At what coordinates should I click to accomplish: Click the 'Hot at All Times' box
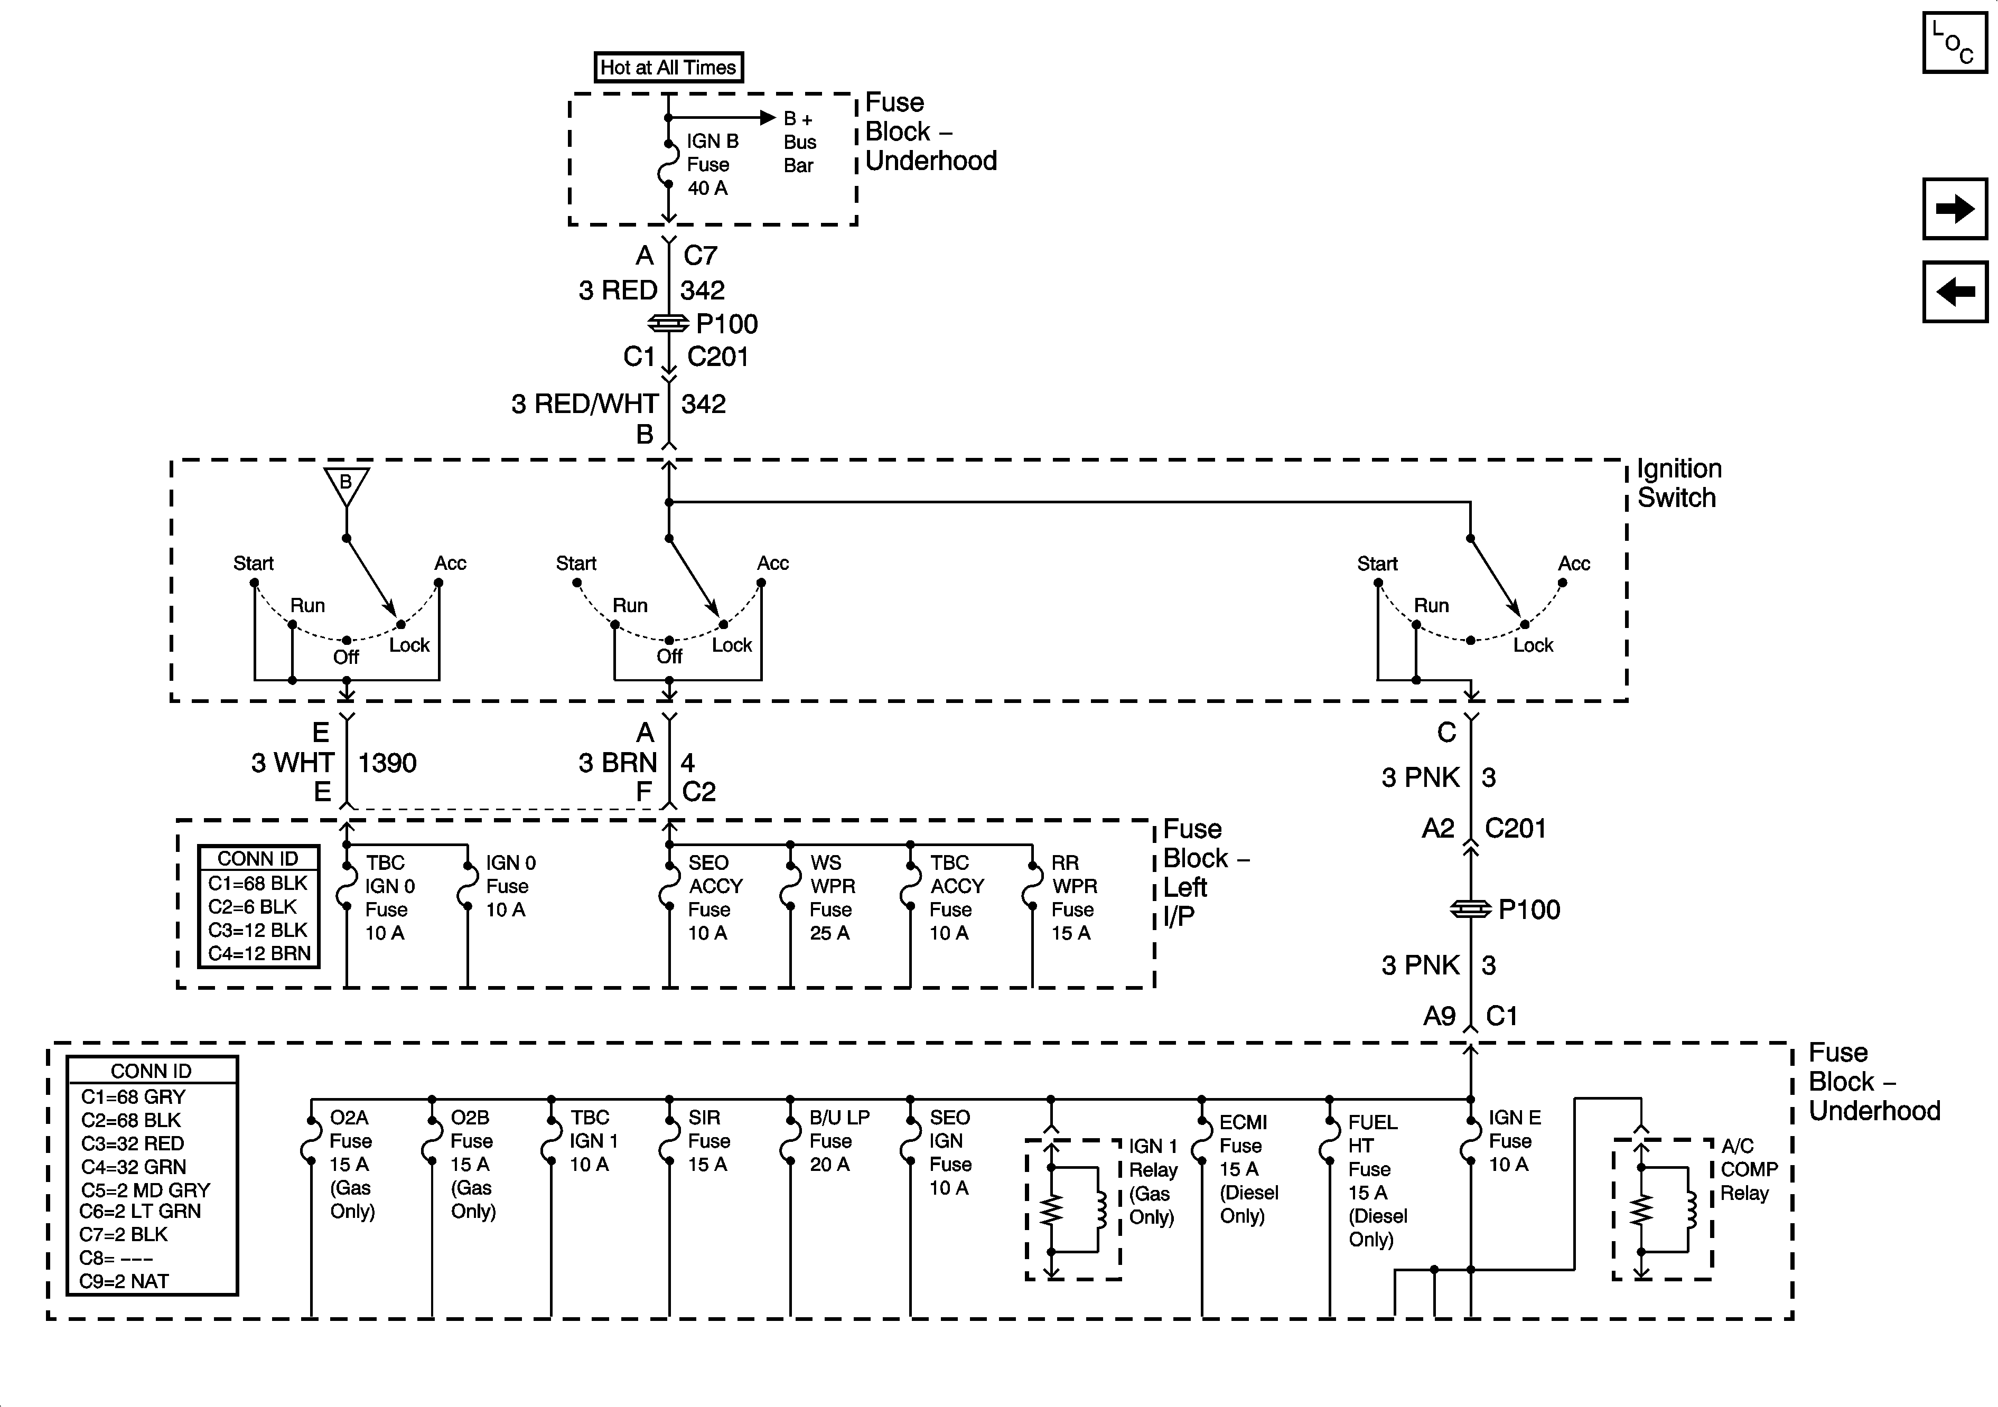tap(668, 67)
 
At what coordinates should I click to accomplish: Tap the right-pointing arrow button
tap(1955, 209)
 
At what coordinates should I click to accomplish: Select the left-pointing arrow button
tap(1955, 292)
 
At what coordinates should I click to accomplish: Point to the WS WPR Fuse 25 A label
tap(833, 898)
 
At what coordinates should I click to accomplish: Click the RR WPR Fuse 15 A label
tap(1074, 898)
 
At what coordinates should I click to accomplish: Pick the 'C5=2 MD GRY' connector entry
tap(145, 1189)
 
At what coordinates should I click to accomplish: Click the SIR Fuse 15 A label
tap(709, 1141)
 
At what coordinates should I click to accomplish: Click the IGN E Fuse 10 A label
tap(1514, 1141)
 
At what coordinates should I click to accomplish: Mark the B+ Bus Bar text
tap(800, 142)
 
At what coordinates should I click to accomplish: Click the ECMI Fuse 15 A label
tap(1249, 1169)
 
